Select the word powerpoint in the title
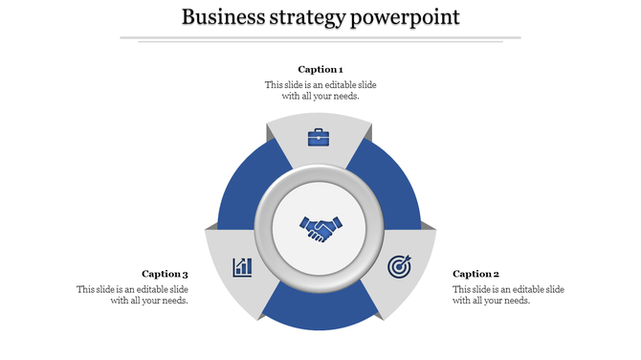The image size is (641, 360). click(404, 18)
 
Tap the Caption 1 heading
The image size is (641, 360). click(320, 69)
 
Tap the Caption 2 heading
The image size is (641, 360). click(475, 274)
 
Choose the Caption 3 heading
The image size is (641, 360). click(165, 274)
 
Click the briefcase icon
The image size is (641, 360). click(319, 137)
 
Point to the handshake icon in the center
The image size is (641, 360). click(320, 230)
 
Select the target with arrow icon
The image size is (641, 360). click(399, 266)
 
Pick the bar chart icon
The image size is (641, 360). click(242, 266)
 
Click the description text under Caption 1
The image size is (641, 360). click(320, 90)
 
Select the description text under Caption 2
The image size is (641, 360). click(508, 295)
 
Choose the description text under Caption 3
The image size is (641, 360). click(132, 295)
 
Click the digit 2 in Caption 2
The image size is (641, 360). click(496, 274)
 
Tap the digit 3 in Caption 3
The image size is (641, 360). click(185, 274)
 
